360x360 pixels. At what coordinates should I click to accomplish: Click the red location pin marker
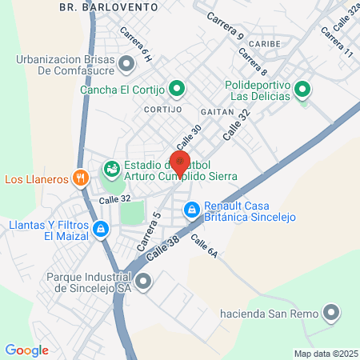coord(180,163)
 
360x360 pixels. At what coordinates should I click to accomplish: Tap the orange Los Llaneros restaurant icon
coord(79,178)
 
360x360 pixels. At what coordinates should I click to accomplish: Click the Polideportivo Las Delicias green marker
coord(302,90)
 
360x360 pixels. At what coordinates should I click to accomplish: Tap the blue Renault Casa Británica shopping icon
coord(191,210)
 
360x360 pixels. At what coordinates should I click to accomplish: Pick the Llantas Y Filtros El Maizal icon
coord(100,230)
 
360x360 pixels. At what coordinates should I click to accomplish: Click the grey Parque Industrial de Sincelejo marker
coord(144,281)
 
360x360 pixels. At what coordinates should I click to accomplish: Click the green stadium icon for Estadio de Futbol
coord(110,169)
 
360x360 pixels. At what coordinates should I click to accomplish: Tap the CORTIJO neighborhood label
coord(165,108)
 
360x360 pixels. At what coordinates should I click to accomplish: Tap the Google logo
coord(26,350)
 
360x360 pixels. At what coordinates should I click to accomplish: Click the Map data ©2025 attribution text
coord(323,354)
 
